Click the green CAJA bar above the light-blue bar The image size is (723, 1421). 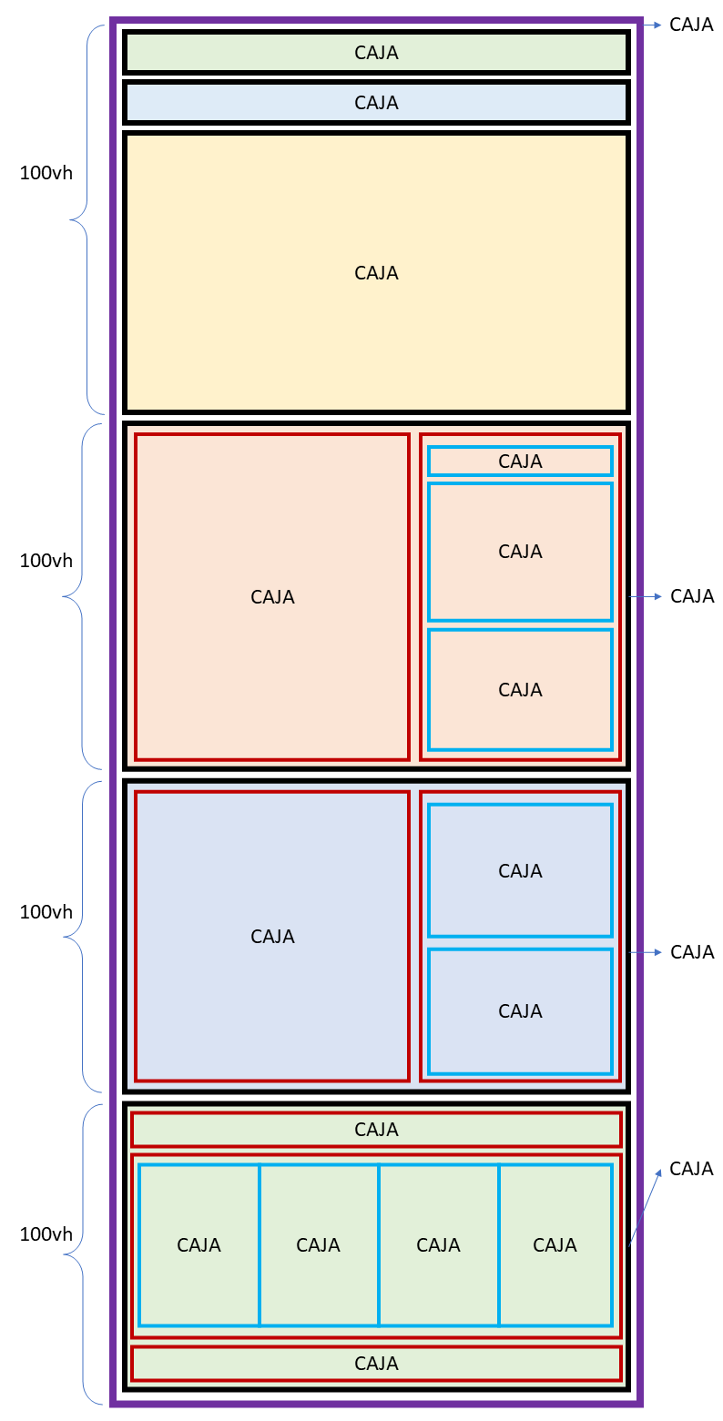tap(376, 53)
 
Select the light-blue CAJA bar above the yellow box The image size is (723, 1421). tap(376, 103)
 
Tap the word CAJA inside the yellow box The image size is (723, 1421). tap(376, 273)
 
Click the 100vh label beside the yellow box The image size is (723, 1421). tap(46, 173)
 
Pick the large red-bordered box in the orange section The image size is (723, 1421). tap(272, 596)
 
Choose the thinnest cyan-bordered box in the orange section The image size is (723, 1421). tap(520, 462)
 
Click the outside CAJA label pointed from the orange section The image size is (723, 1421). tap(692, 596)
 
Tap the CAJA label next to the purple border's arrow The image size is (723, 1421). tap(691, 25)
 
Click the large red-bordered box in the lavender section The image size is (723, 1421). tap(272, 936)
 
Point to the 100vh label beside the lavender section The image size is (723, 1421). tap(46, 912)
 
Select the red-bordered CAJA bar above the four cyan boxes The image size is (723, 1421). tap(376, 1130)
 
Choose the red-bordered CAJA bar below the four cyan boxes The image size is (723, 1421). tap(376, 1364)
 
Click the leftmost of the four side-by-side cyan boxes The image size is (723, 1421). tap(199, 1244)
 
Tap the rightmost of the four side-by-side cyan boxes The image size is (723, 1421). tap(555, 1244)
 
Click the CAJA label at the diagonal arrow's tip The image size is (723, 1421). tap(691, 1169)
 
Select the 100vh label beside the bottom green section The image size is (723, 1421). tap(46, 1234)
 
